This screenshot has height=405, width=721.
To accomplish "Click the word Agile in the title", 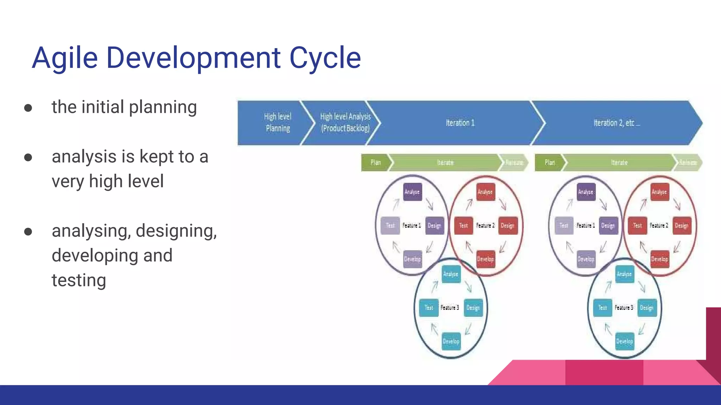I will tap(65, 58).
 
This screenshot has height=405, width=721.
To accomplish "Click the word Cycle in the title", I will tap(325, 58).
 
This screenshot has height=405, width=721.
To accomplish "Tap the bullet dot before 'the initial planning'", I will tap(28, 108).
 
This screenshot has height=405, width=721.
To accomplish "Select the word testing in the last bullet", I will tap(79, 281).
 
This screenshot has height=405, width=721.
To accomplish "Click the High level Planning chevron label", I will tap(278, 122).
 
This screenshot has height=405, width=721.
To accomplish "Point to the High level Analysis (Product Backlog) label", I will tap(345, 122).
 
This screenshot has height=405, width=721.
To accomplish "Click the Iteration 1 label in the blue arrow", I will tap(460, 123).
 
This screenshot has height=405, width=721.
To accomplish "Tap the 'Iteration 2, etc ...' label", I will tap(616, 123).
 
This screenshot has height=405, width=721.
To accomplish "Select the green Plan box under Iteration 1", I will tap(376, 162).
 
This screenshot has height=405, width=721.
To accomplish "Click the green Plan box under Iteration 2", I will tap(550, 162).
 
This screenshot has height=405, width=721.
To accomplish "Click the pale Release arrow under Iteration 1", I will tap(514, 162).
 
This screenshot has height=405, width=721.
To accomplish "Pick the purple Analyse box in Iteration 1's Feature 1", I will tap(412, 192).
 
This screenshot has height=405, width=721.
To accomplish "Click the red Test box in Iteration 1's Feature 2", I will tap(463, 225).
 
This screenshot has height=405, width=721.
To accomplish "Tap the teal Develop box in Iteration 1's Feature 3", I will tap(451, 341).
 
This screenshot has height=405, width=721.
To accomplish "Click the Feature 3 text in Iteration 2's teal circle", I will tap(624, 308).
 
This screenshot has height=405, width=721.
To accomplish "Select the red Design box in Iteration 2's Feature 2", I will tap(682, 225).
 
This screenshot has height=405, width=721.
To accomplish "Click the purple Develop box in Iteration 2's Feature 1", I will tap(586, 259).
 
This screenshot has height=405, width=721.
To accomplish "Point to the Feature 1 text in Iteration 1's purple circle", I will tap(412, 225).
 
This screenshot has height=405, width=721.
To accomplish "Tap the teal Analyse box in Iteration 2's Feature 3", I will tap(625, 274).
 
